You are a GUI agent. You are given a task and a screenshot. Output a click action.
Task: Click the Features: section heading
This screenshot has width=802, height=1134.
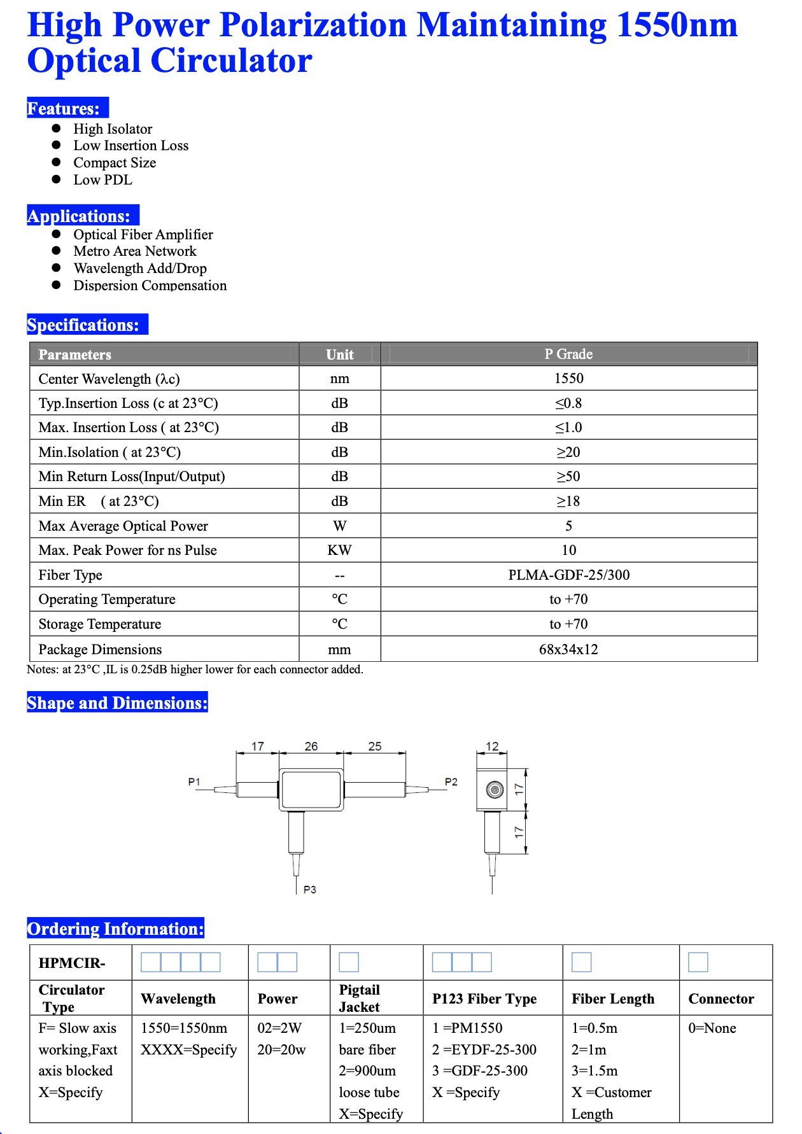64,108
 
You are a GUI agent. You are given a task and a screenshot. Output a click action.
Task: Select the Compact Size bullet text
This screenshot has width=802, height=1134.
115,163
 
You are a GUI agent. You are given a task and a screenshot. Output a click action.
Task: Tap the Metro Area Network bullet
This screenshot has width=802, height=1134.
135,251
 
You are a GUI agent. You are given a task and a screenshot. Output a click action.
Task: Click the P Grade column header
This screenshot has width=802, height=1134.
568,354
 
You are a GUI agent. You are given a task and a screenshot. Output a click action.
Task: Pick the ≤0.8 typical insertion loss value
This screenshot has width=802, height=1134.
568,403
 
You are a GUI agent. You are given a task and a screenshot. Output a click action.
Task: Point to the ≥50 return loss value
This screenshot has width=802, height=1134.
568,477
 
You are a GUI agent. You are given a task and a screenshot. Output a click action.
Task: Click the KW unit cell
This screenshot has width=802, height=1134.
339,550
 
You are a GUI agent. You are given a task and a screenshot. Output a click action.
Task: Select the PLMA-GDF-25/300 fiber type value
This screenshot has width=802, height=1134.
568,575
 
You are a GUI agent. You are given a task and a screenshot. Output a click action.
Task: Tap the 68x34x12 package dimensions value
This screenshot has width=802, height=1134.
568,650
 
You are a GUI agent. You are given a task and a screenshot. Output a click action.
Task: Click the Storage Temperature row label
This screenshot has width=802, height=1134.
100,624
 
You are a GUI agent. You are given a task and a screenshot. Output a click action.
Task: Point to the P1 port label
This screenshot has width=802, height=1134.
194,781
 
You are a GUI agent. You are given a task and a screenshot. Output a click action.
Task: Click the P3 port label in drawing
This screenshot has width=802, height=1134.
310,890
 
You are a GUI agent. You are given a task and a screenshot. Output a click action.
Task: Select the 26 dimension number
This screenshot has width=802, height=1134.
311,746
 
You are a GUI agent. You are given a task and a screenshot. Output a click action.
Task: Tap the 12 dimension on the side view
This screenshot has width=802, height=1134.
492,746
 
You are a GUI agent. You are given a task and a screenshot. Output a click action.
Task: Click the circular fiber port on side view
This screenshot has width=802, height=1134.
495,790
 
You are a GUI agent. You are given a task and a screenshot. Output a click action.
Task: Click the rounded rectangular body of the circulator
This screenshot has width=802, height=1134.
311,790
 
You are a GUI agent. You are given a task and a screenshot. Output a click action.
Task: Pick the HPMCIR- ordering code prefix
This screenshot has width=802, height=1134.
72,963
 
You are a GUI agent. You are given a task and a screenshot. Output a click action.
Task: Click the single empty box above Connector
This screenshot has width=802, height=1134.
698,962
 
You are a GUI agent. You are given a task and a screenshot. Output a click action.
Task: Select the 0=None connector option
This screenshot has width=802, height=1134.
712,1028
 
